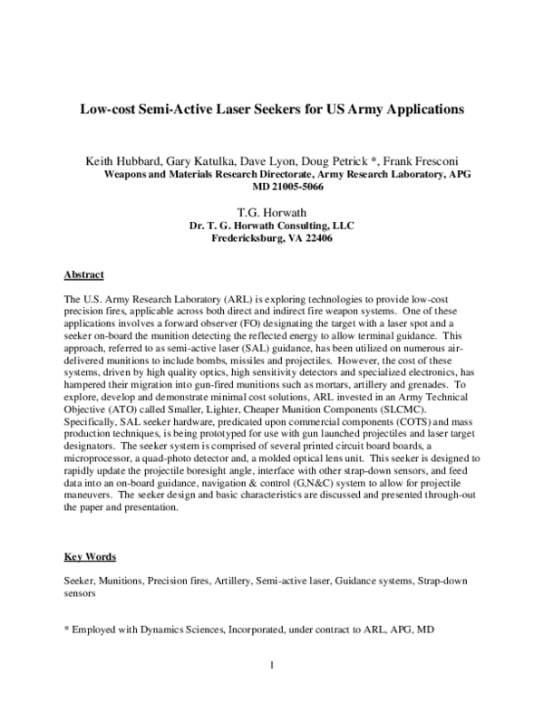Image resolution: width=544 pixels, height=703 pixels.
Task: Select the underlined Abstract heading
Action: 84,274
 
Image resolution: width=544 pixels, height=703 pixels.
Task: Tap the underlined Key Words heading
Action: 90,555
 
